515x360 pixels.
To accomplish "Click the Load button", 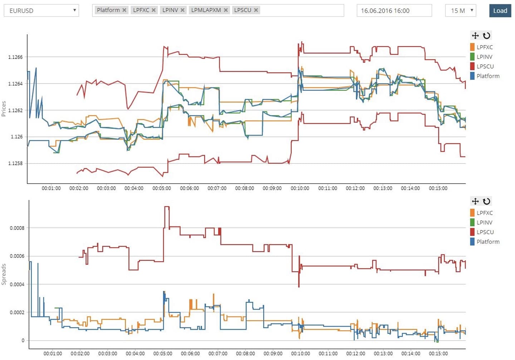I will point(500,11).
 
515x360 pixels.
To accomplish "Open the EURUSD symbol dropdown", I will point(41,11).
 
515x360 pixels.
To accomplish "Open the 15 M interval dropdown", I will point(461,11).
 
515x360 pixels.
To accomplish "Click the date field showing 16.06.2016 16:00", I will point(394,11).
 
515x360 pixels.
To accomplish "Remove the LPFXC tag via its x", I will point(153,10).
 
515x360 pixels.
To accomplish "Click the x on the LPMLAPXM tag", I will point(226,10).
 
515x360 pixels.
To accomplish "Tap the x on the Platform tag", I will point(124,10).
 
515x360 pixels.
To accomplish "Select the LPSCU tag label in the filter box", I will point(242,10).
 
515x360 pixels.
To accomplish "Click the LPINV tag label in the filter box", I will point(170,10).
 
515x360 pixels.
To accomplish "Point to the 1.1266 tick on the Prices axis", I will point(15,57).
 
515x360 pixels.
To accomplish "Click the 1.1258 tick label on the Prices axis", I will point(15,163).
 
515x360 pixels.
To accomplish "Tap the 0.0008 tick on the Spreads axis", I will point(17,228).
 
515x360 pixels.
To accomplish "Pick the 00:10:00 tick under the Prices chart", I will point(300,188).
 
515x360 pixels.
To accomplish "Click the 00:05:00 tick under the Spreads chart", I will point(163,354).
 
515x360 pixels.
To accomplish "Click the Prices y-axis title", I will point(4,108).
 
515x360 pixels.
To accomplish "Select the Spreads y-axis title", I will point(4,274).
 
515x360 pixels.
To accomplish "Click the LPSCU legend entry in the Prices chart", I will point(485,66).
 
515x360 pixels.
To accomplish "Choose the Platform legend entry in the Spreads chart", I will point(488,242).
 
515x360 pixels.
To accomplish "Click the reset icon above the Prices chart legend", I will point(486,35).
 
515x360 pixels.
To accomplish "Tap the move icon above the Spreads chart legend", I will point(475,201).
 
